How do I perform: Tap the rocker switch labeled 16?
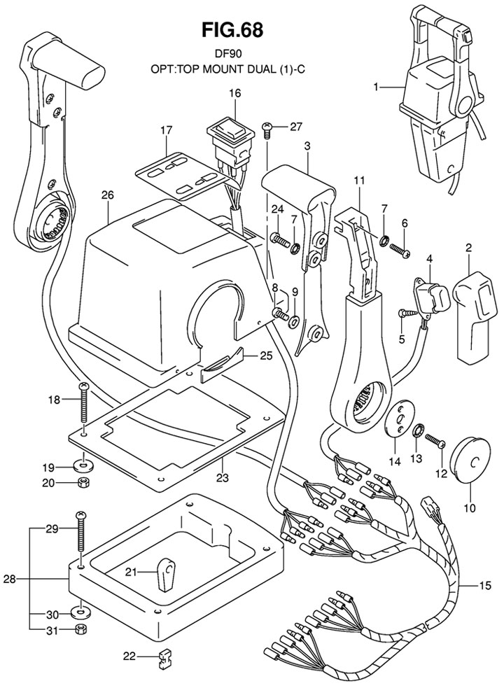pyautogui.click(x=233, y=136)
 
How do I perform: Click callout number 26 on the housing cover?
pyautogui.click(x=107, y=196)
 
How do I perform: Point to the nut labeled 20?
pyautogui.click(x=82, y=482)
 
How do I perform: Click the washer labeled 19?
pyautogui.click(x=83, y=465)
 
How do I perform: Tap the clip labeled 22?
pyautogui.click(x=164, y=657)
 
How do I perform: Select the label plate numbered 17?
pyautogui.click(x=178, y=172)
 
